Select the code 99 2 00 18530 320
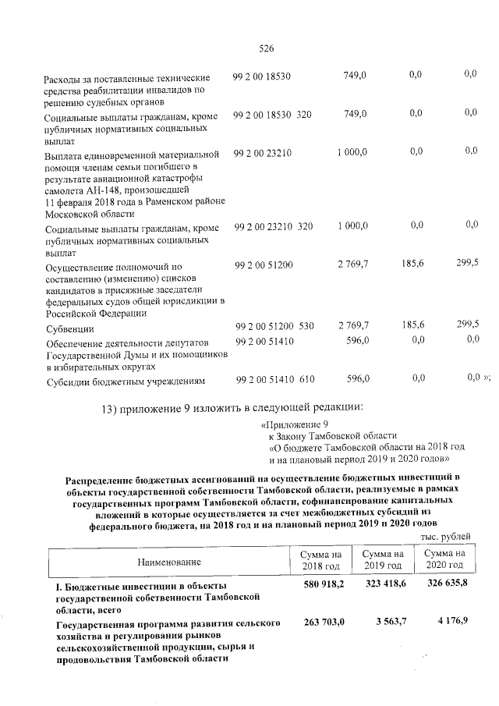[272, 115]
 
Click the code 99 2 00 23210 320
[272, 225]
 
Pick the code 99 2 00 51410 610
[274, 379]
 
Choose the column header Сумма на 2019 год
[383, 559]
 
